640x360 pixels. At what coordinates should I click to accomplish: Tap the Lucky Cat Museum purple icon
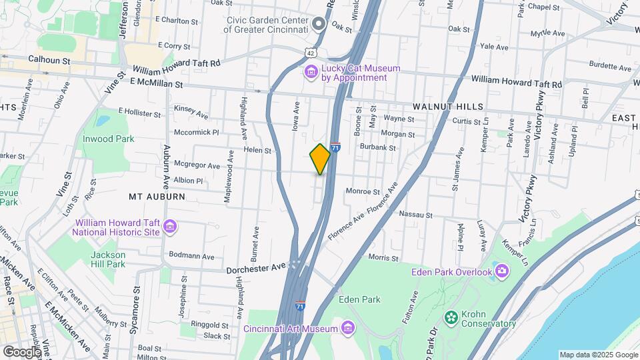click(x=311, y=71)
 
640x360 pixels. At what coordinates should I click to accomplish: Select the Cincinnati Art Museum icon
click(x=347, y=327)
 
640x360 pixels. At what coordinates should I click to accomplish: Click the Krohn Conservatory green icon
click(x=451, y=317)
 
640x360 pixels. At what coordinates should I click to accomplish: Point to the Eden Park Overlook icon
click(x=501, y=271)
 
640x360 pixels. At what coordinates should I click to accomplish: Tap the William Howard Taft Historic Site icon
click(x=171, y=227)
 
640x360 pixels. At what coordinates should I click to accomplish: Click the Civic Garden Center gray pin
click(x=319, y=25)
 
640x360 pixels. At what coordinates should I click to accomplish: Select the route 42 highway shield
click(x=311, y=51)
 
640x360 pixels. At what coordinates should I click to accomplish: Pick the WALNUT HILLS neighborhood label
click(x=447, y=107)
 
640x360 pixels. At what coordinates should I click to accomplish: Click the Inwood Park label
click(x=108, y=139)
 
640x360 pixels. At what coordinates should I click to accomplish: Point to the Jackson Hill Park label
click(x=108, y=259)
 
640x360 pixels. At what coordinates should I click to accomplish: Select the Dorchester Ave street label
click(x=255, y=269)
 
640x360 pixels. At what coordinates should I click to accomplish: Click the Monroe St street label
click(x=362, y=191)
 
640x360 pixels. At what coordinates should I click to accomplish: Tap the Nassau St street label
click(x=415, y=215)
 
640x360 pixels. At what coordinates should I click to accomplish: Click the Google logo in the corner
click(x=21, y=351)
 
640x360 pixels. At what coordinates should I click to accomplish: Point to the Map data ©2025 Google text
click(x=598, y=355)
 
